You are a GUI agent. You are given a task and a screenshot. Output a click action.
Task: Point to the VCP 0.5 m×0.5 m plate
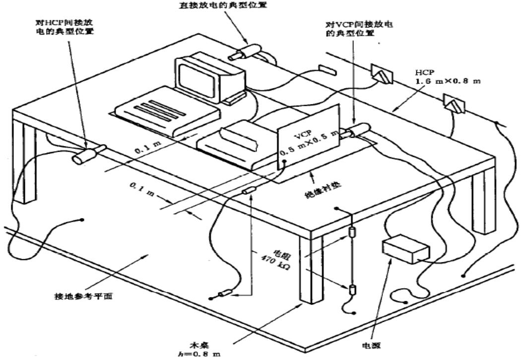click(307, 144)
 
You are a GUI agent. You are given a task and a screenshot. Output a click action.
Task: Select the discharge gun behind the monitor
click(246, 52)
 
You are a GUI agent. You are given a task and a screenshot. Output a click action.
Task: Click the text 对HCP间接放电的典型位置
click(67, 27)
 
